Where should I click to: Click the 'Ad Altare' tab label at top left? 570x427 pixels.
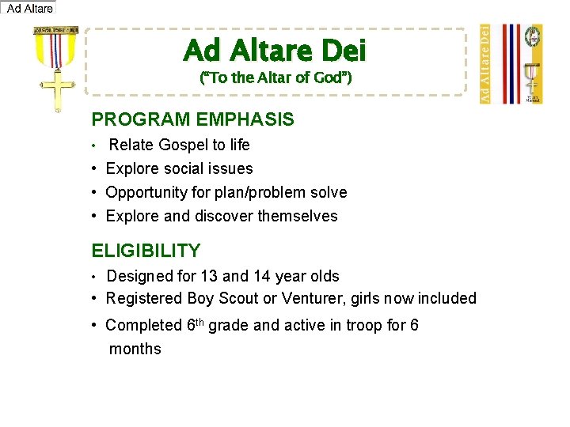pyautogui.click(x=29, y=9)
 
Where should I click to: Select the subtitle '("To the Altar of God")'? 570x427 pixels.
pyautogui.click(x=275, y=77)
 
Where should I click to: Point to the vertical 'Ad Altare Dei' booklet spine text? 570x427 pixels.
pyautogui.click(x=485, y=63)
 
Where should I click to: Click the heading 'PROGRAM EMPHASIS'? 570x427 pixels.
pyautogui.click(x=192, y=120)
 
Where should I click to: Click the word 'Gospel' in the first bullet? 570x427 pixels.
pyautogui.click(x=184, y=145)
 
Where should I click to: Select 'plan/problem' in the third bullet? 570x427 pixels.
pyautogui.click(x=258, y=192)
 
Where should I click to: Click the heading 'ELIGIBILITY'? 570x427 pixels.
pyautogui.click(x=146, y=251)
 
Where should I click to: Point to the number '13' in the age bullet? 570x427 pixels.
pyautogui.click(x=208, y=276)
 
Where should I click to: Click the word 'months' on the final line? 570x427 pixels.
pyautogui.click(x=135, y=349)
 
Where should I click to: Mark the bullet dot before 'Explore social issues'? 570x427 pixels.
pyautogui.click(x=94, y=169)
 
